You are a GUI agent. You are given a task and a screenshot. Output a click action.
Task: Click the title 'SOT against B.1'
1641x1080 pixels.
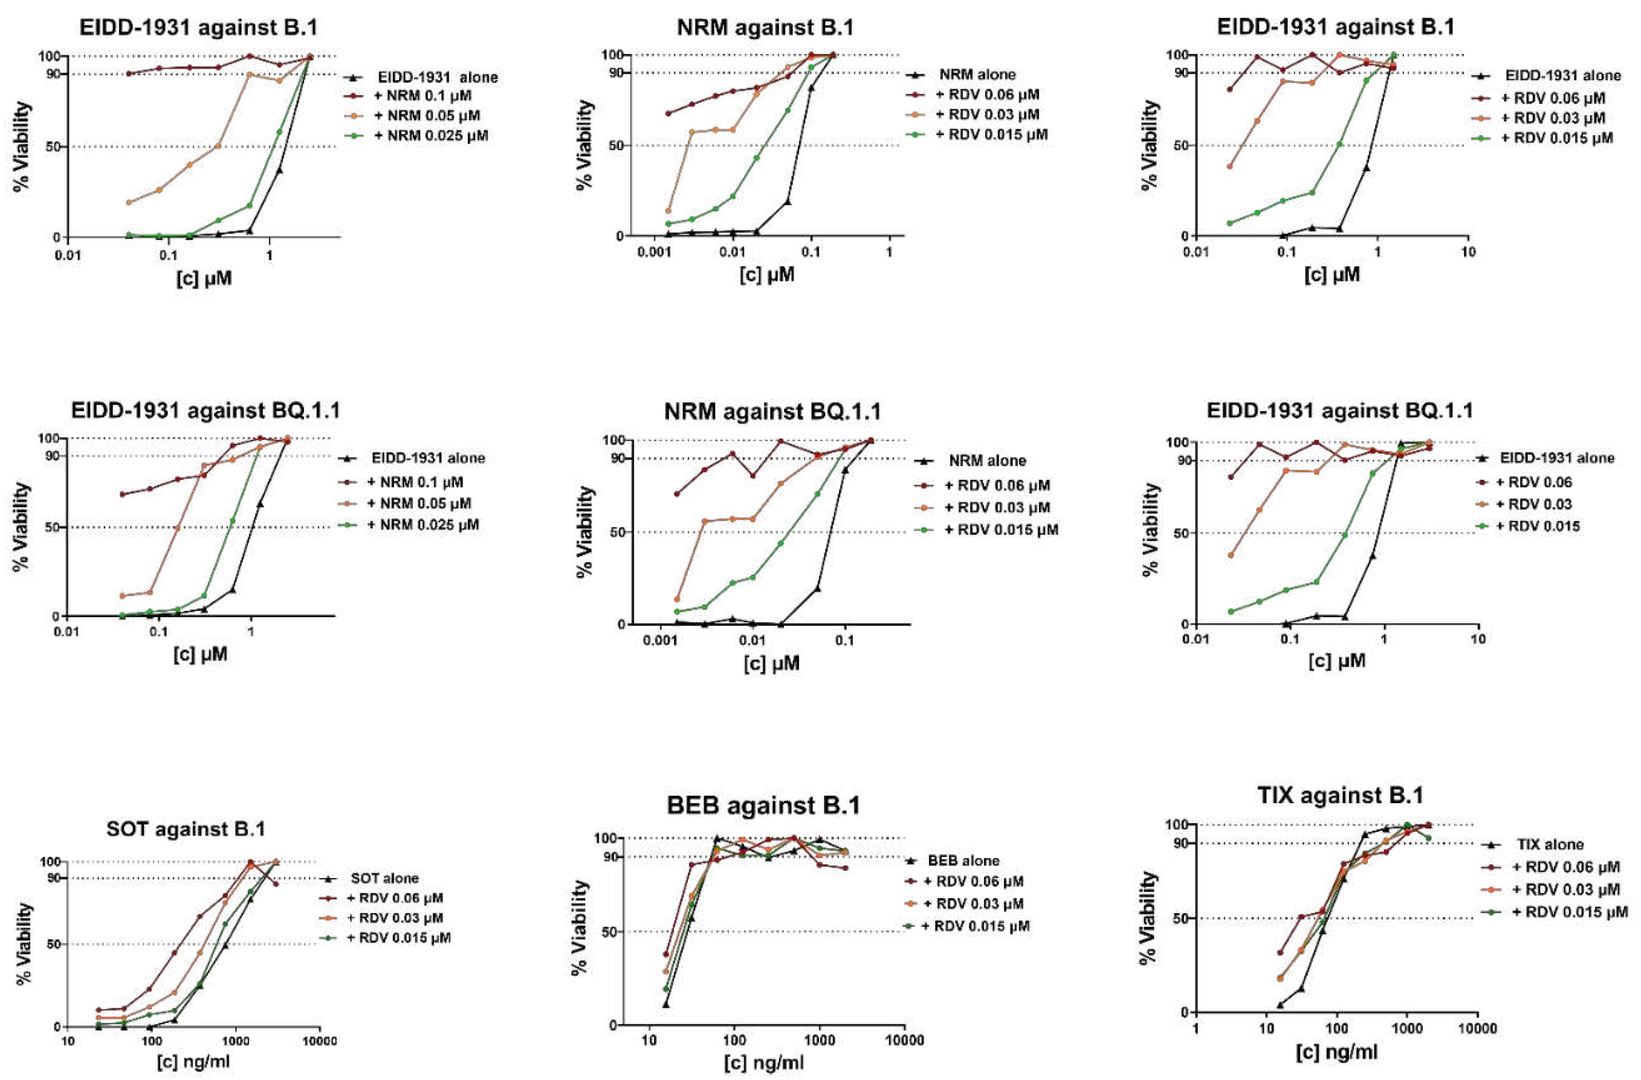point(186,828)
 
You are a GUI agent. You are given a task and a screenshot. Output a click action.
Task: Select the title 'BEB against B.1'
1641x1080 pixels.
point(763,805)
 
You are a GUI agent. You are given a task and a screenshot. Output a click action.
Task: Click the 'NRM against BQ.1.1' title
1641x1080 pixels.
point(772,411)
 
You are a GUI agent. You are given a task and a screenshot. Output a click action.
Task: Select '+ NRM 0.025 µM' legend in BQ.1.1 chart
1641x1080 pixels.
point(422,525)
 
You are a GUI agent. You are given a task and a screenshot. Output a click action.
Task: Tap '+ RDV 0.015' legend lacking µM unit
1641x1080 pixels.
point(1537,526)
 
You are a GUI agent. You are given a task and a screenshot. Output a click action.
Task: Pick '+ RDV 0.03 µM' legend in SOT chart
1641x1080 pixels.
point(394,918)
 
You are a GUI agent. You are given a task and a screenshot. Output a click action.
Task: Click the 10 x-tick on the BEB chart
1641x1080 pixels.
point(649,1040)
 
